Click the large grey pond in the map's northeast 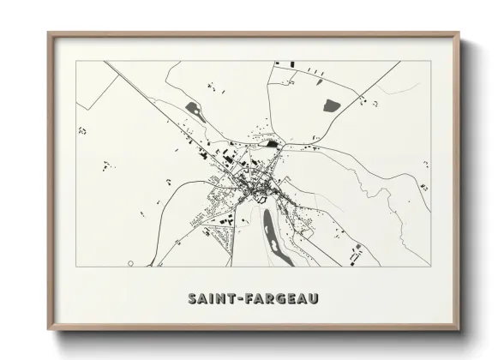click(330, 106)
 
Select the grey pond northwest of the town click(191, 109)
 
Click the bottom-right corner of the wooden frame click(460, 330)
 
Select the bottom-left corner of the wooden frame click(49, 330)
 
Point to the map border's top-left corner click(77, 61)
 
